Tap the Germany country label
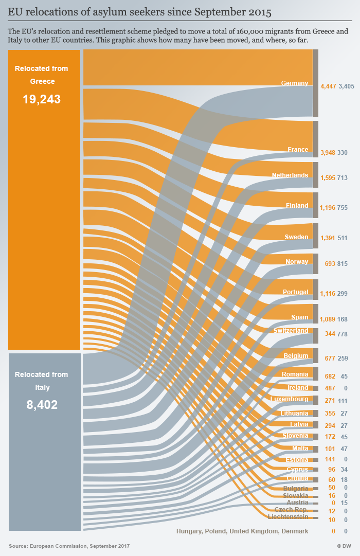coord(294,83)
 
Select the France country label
coord(298,150)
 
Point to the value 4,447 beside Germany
coord(328,86)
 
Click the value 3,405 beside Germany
coord(346,86)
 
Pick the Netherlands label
coord(290,175)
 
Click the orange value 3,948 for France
coord(328,153)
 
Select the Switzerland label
coord(291,331)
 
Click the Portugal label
coord(295,292)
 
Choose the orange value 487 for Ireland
coord(330,388)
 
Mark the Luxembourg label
coord(289,399)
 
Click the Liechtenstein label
coord(288,516)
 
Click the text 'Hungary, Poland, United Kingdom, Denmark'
coord(242,531)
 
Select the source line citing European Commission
coord(69,546)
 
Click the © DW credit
coord(344,546)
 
